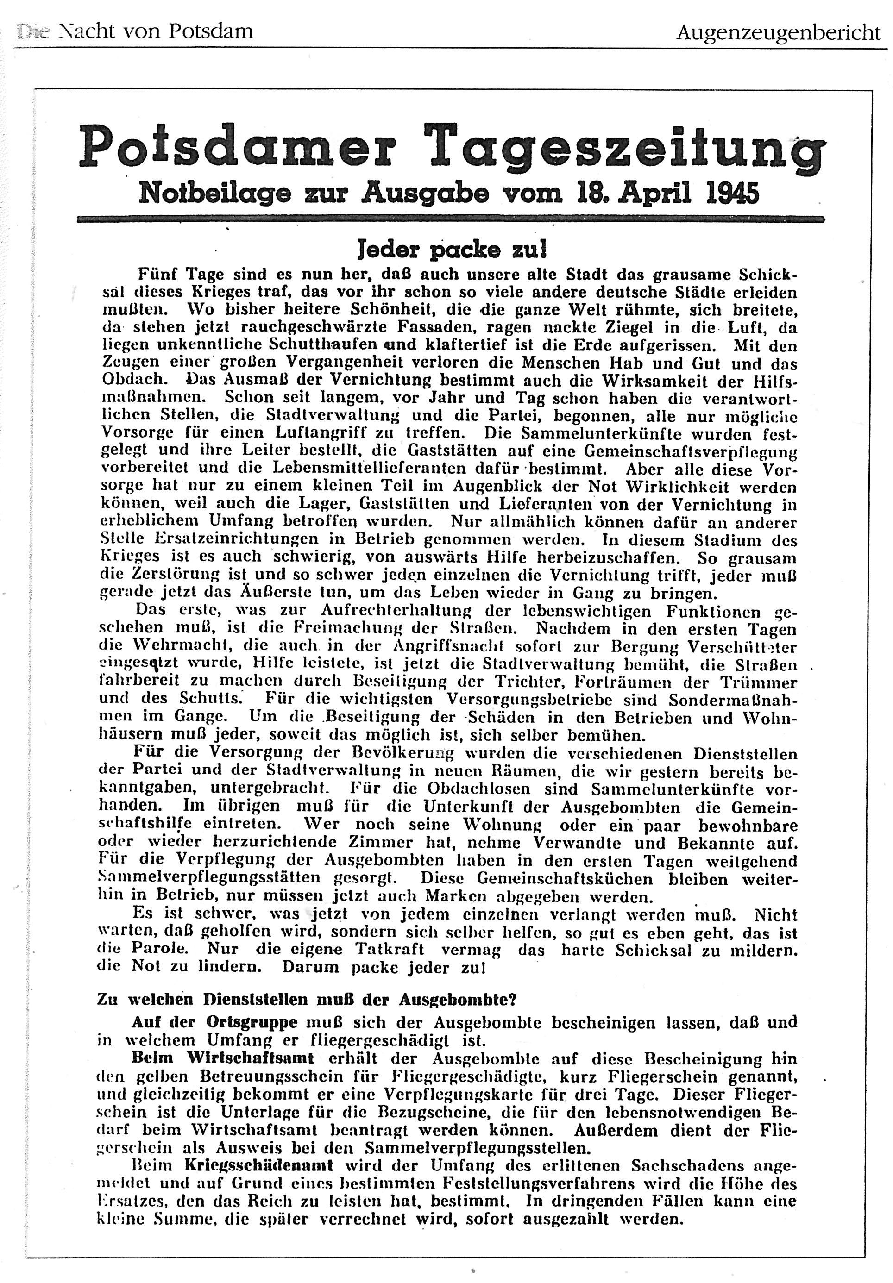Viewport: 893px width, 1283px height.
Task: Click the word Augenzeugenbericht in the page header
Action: pyautogui.click(x=778, y=33)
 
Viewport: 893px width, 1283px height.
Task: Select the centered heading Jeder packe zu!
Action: pyautogui.click(x=452, y=249)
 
